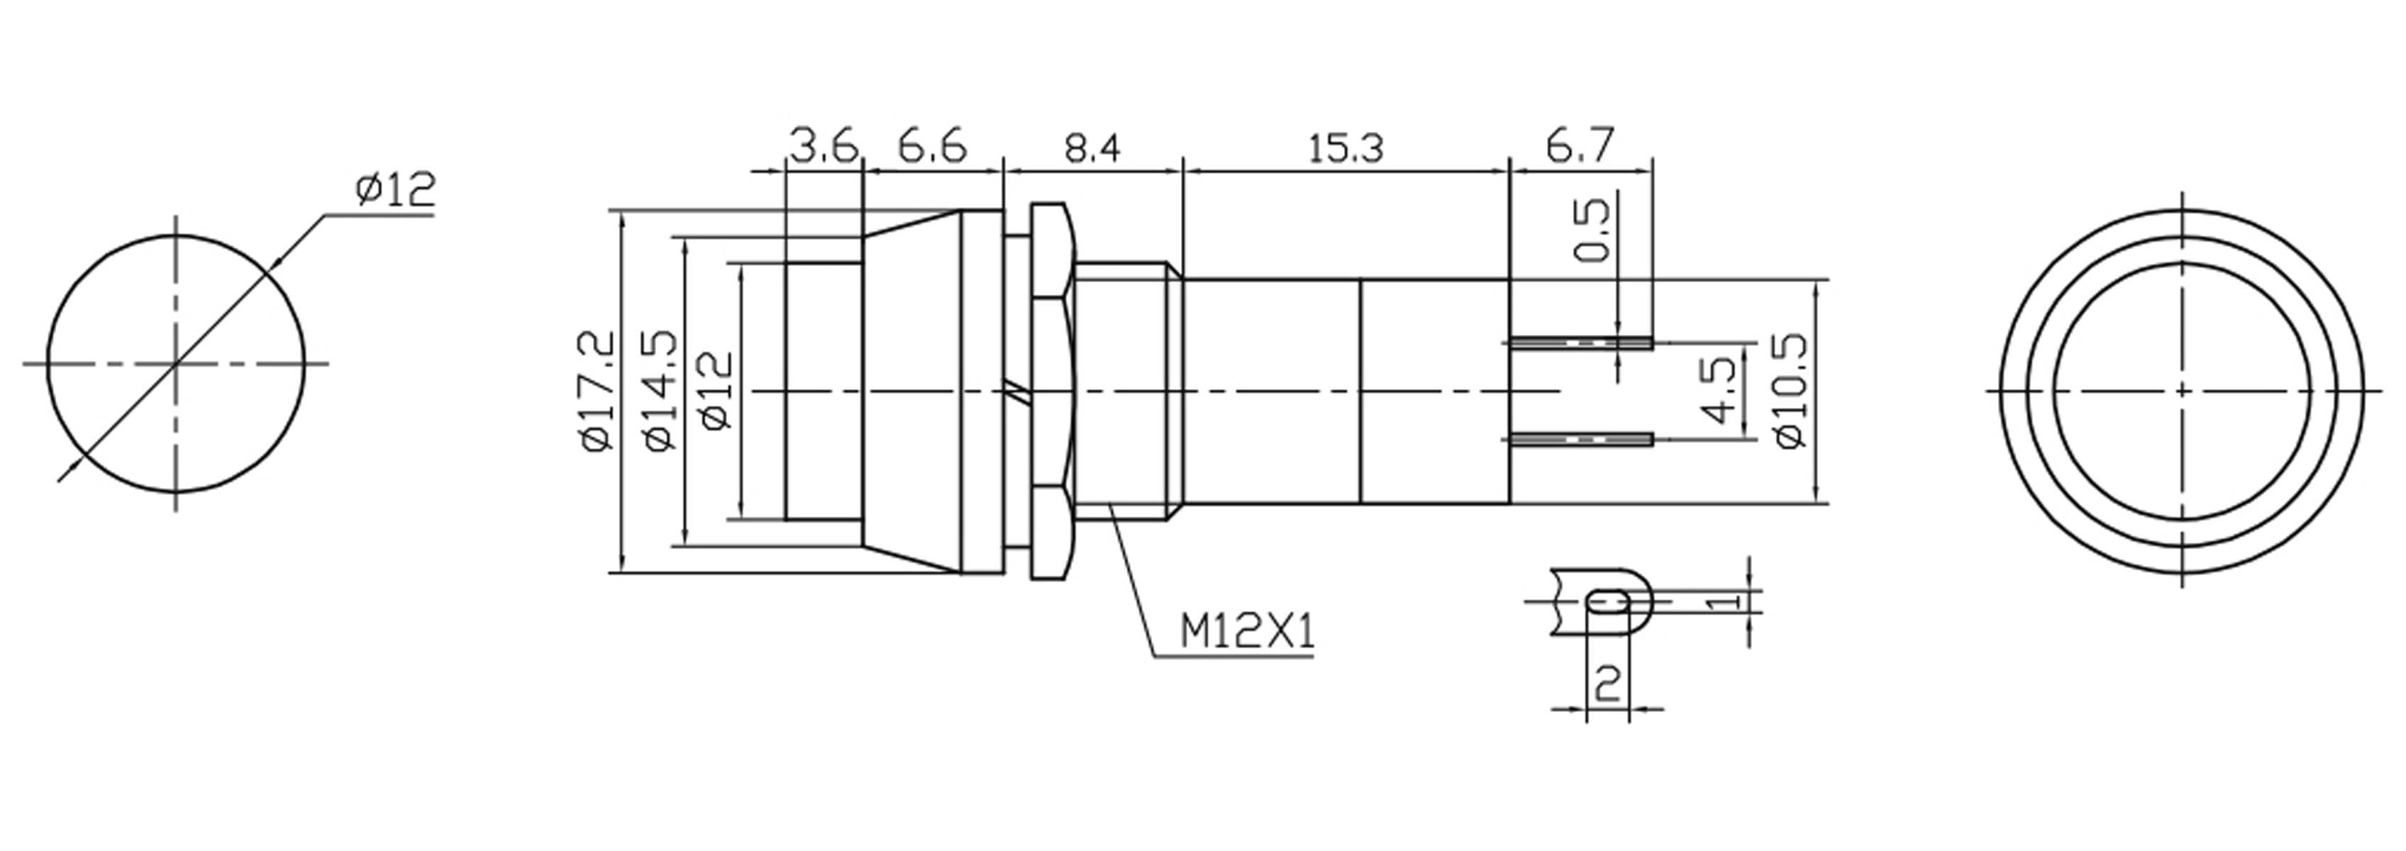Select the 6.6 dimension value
pos(932,148)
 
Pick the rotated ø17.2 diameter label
pos(599,391)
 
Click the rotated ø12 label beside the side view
pos(719,391)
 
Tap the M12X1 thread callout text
pos(1247,633)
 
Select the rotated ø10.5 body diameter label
pos(1790,391)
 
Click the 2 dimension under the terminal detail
pos(1607,683)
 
